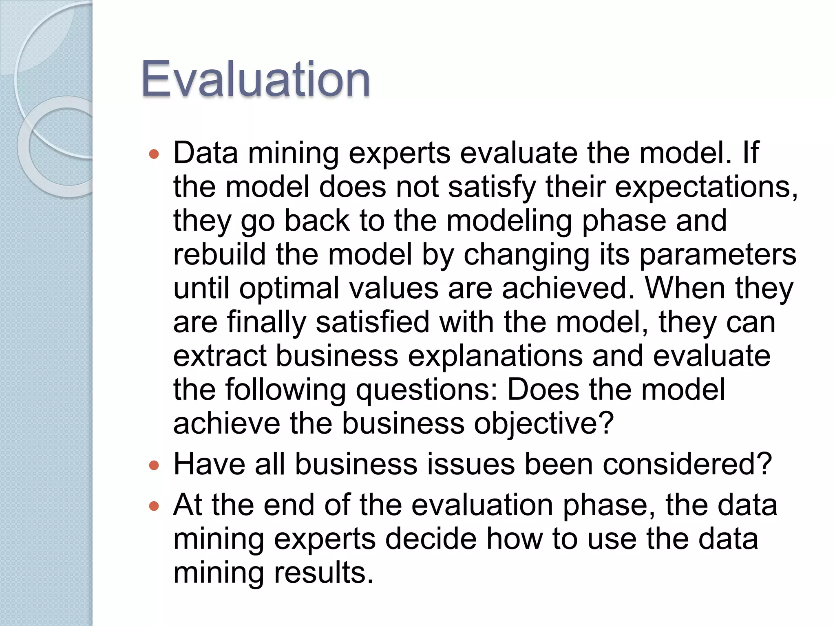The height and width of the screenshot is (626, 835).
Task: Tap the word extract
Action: tap(219, 356)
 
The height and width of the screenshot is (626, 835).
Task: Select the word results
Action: tap(324, 573)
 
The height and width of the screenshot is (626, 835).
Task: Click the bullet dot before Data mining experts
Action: tap(154, 154)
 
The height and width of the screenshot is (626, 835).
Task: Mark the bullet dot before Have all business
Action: tap(154, 465)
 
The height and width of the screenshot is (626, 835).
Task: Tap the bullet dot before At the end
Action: tap(154, 506)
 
